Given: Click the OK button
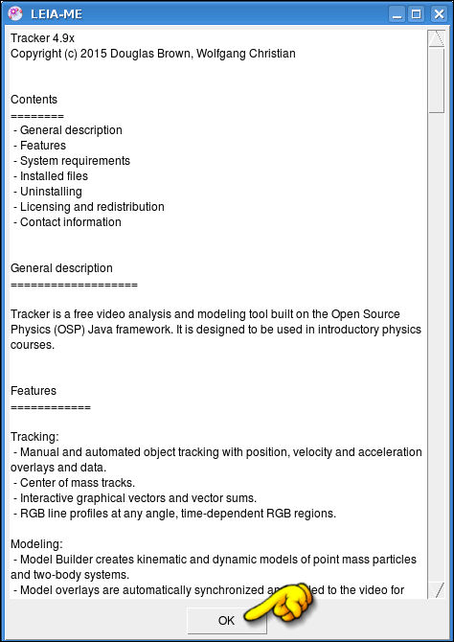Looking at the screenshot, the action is (226, 620).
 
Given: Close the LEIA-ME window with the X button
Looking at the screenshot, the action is (437, 13).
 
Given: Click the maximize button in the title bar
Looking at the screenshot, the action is (417, 13).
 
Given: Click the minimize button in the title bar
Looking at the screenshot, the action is (397, 13).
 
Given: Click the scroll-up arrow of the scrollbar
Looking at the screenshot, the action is (436, 38).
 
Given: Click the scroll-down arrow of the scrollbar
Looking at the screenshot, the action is (436, 589).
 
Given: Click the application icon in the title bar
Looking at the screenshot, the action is (15, 13).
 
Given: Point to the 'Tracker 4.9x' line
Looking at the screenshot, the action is (42, 38).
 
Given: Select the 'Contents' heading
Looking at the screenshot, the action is (34, 100).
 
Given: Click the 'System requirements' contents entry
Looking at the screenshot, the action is (75, 161).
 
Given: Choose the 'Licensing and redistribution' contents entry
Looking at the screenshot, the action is (92, 207).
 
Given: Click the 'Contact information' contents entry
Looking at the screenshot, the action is (70, 222).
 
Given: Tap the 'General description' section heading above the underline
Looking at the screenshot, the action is (61, 268).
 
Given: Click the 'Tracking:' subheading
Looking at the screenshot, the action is (34, 437).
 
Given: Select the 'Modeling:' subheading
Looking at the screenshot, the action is (35, 544).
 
